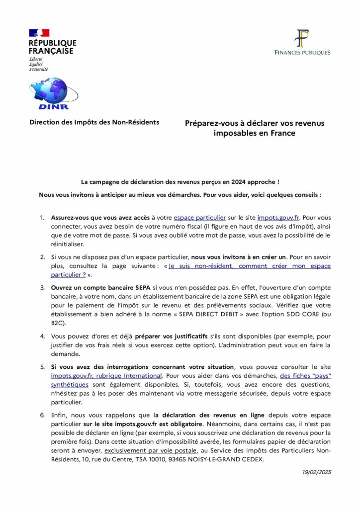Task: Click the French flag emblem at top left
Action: click(x=39, y=32)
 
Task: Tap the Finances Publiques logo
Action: click(x=302, y=42)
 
